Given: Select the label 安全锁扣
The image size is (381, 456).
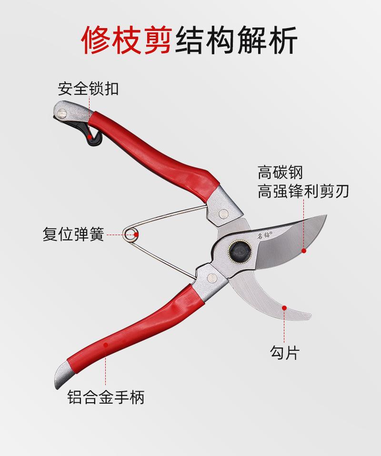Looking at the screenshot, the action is tap(88, 88).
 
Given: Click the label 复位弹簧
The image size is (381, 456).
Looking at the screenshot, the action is tap(73, 235).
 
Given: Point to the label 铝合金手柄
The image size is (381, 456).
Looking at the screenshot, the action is tap(106, 397).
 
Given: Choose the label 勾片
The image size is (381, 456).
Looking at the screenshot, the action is tap(284, 353).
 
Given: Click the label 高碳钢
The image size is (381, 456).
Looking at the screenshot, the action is tap(280, 172).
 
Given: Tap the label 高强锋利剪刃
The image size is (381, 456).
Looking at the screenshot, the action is tap(303, 191).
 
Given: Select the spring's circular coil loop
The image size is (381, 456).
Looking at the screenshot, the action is tap(130, 234).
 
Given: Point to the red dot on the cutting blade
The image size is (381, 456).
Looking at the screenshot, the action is tap(303, 249).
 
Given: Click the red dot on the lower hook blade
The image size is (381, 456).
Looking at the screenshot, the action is tap(284, 308).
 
